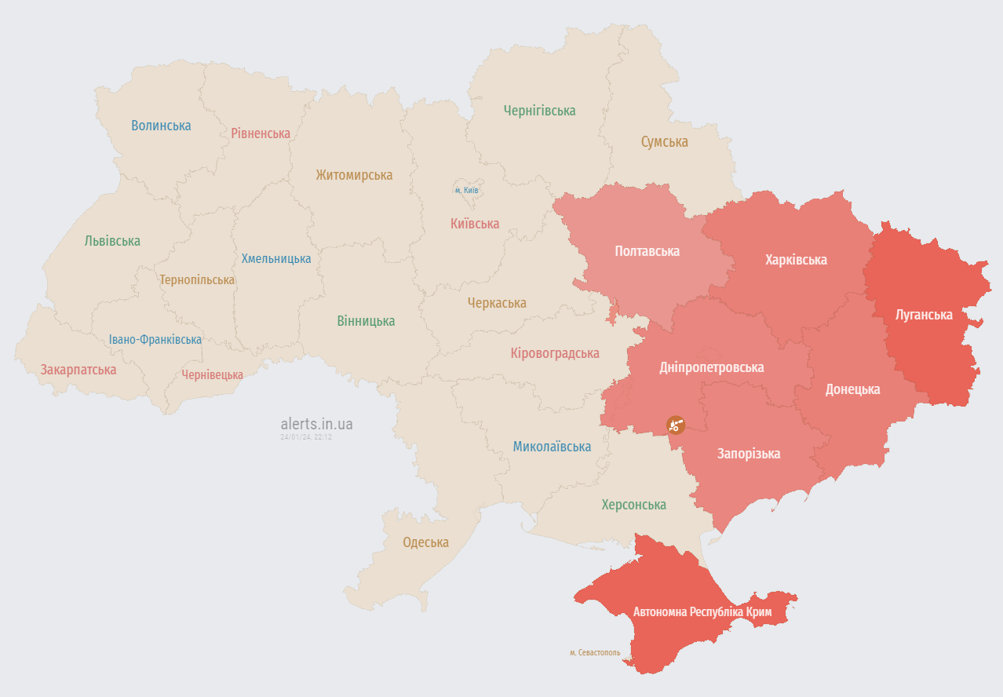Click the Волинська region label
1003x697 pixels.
tap(161, 126)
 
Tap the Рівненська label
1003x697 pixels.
tap(261, 133)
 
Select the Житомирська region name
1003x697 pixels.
tap(354, 175)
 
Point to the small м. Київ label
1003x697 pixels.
tap(467, 191)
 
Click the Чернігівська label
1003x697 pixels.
tap(539, 111)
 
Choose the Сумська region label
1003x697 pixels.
tap(664, 142)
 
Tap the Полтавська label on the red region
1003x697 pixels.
tap(647, 251)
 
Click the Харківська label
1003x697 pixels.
tap(796, 260)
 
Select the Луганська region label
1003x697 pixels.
tap(924, 315)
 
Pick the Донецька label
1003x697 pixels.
tap(852, 389)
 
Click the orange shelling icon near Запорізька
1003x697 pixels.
tap(675, 425)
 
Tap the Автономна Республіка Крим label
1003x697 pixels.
tap(702, 611)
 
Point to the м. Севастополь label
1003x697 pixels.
tap(594, 652)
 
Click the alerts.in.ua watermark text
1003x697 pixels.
tap(316, 424)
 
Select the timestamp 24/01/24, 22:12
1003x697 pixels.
tap(306, 437)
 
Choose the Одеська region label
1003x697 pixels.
tap(425, 542)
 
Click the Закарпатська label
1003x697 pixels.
tap(78, 370)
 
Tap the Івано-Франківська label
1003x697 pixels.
tap(155, 340)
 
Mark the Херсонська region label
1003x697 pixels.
tap(633, 505)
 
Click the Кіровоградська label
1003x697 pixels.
tap(554, 353)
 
